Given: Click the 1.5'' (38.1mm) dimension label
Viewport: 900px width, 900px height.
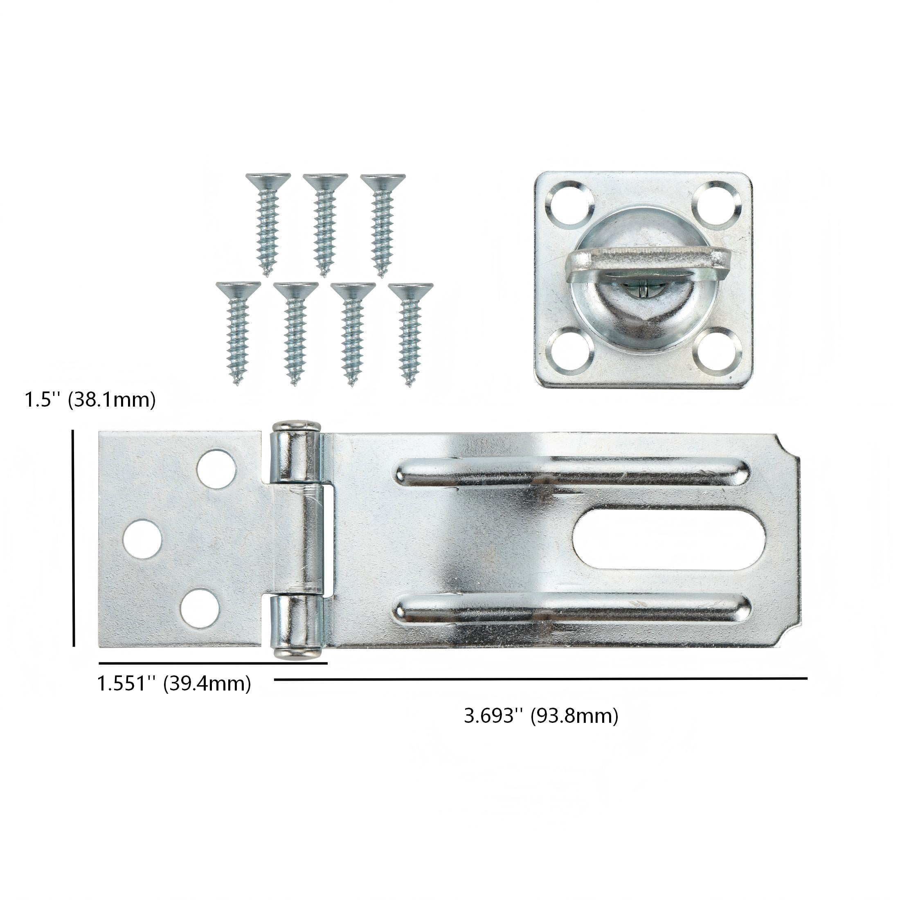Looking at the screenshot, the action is [x=90, y=400].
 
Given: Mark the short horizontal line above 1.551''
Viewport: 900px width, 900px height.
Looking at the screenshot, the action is [x=213, y=663].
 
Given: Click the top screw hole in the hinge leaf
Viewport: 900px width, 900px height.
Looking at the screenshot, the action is [x=216, y=469].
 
